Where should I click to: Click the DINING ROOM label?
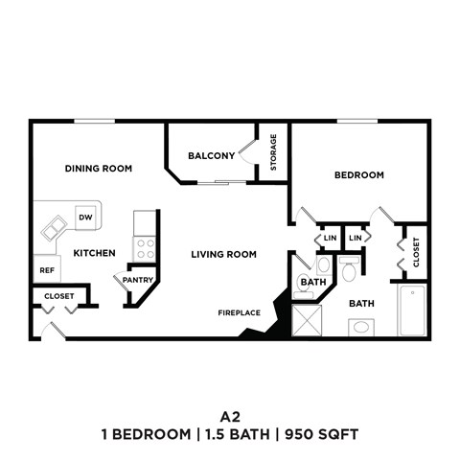98,169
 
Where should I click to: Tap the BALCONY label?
212,156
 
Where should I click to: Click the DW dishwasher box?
85,218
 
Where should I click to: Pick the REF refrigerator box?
45,269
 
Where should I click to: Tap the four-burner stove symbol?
146,249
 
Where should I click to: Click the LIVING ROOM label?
223,254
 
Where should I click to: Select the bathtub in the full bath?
413,310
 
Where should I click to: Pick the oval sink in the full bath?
363,327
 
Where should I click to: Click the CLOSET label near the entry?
59,296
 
